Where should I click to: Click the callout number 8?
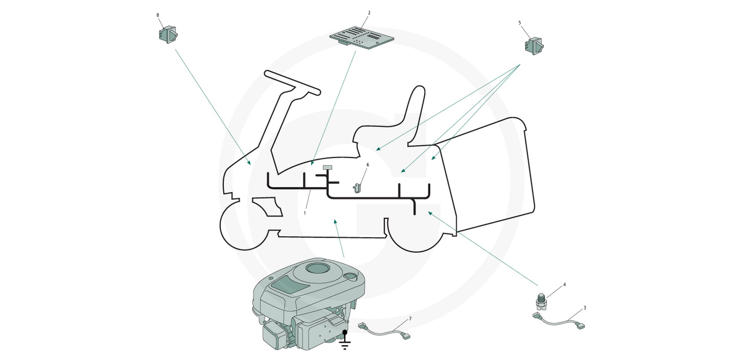[158, 15]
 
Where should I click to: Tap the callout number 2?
[369, 13]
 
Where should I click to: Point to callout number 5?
[519, 23]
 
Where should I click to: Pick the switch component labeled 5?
[534, 46]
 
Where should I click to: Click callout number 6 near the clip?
[368, 165]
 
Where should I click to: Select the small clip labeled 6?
[357, 188]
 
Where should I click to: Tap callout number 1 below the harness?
[305, 213]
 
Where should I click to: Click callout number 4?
[564, 285]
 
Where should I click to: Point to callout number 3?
[584, 308]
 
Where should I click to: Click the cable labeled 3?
[559, 322]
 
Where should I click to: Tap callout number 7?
[410, 319]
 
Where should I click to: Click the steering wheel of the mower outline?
[293, 83]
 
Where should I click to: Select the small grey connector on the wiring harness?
[327, 168]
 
